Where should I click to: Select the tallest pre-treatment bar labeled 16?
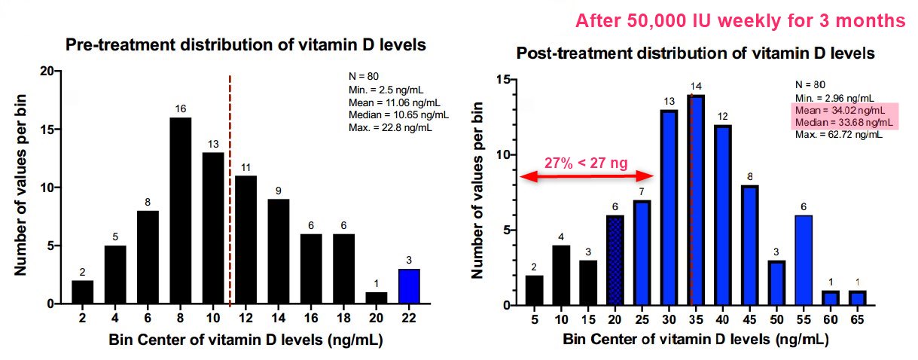180,211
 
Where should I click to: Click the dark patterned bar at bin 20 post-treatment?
616,261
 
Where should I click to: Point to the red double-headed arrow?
588,176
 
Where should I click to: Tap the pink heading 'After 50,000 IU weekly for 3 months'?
740,21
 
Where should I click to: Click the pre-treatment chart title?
246,45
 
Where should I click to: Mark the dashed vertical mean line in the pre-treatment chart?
230,188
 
